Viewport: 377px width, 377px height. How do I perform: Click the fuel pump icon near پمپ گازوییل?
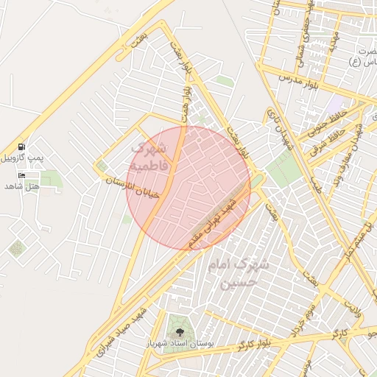(x=21, y=147)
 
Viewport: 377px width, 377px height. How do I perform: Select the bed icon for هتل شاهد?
(x=21, y=175)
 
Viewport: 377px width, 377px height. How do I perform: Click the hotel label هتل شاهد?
(x=21, y=186)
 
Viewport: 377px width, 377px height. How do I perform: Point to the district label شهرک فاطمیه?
(x=149, y=154)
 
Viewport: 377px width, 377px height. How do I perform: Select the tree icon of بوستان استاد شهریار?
(x=177, y=332)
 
